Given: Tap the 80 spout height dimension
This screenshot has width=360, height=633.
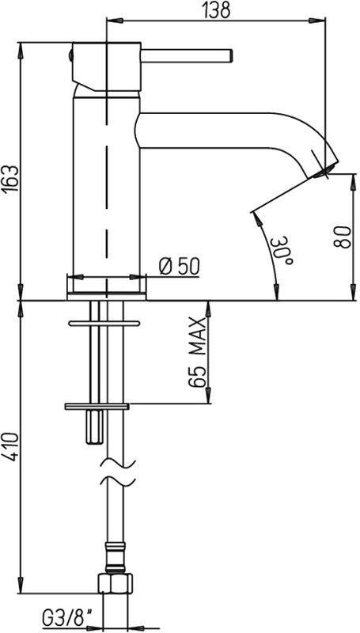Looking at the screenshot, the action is [341, 237].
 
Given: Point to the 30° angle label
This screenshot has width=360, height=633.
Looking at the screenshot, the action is [283, 250].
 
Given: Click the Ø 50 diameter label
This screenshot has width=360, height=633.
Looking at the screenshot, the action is [179, 267].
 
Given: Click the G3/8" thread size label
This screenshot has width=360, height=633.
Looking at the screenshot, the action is [66, 618].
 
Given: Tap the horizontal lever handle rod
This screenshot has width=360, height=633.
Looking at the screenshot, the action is [187, 55].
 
